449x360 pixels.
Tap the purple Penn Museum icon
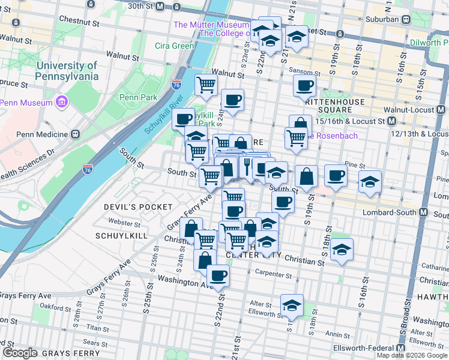[61, 102]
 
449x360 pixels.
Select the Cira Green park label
[174, 46]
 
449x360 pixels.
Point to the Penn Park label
[138, 97]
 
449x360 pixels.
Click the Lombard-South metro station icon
[424, 213]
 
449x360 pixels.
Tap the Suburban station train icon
[406, 19]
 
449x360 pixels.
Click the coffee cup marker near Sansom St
[305, 85]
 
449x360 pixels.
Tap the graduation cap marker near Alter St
[292, 305]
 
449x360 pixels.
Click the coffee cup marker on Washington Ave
[218, 275]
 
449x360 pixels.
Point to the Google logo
[20, 352]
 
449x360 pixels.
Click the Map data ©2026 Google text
[412, 355]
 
